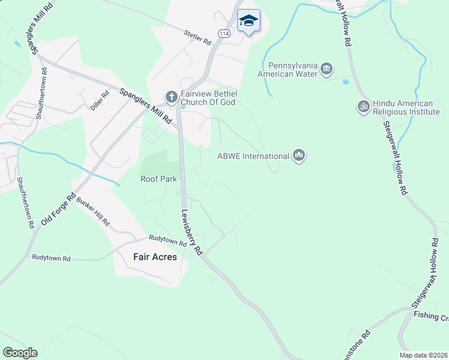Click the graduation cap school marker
tap(249, 21)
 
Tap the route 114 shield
tap(224, 34)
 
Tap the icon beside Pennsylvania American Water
tap(327, 68)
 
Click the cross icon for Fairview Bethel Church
tap(171, 97)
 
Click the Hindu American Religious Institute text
tap(406, 107)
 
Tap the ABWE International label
tap(253, 157)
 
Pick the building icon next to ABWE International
tap(299, 157)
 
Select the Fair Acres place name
tap(155, 257)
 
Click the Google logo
tap(19, 353)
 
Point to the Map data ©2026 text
tap(423, 355)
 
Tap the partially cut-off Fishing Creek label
tap(430, 316)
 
